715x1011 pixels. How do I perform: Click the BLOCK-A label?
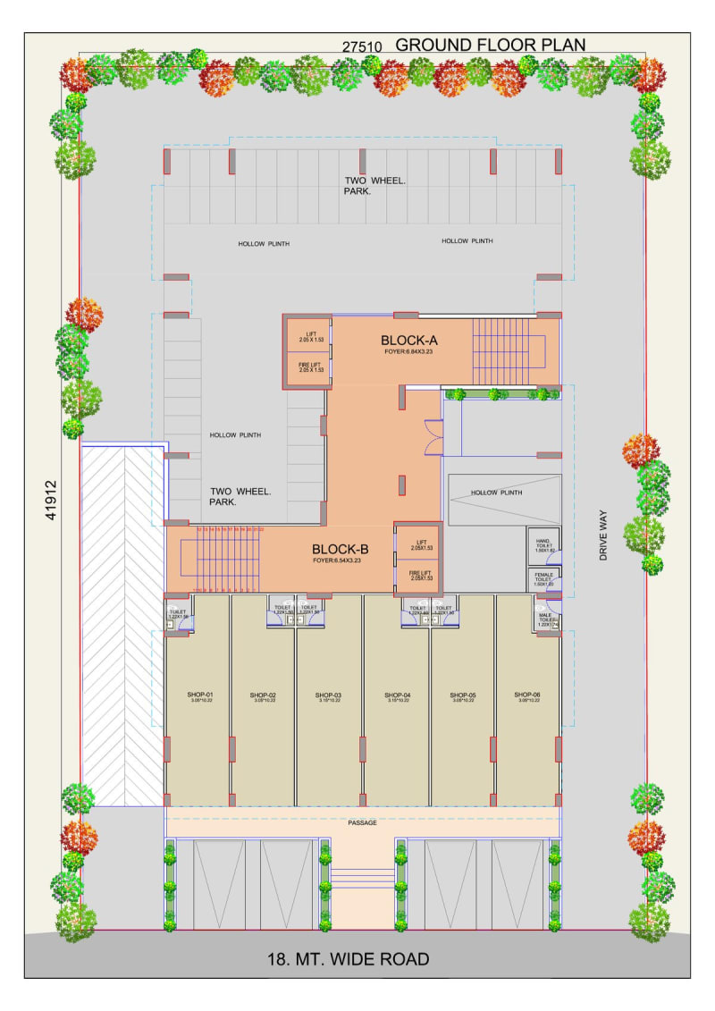[x=408, y=341]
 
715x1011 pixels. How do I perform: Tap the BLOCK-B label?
[x=341, y=550]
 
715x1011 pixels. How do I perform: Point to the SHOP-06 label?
[x=528, y=695]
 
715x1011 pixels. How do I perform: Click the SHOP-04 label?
[x=398, y=695]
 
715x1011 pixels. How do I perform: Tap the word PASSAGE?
[x=362, y=822]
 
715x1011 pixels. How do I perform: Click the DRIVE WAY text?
[x=604, y=535]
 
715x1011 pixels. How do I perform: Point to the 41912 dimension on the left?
[x=51, y=501]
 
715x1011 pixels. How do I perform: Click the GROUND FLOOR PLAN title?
[x=491, y=45]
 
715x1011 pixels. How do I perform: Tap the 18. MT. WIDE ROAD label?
[x=349, y=959]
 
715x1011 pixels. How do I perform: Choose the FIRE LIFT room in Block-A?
[x=310, y=366]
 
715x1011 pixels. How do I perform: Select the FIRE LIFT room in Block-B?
[x=420, y=575]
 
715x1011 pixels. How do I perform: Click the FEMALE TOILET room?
[x=543, y=579]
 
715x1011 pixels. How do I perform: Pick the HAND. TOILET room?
[x=543, y=546]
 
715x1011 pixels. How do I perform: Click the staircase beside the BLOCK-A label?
[x=509, y=343]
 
